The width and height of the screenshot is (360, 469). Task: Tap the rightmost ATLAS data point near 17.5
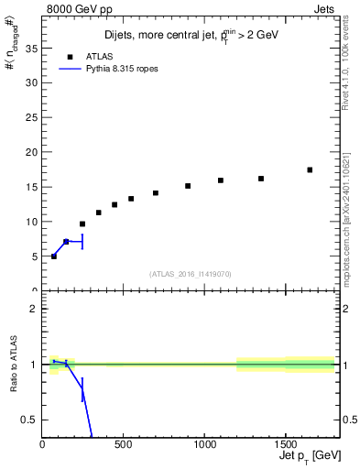pyautogui.click(x=310, y=169)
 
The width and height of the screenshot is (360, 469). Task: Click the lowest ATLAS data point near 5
pyautogui.click(x=54, y=256)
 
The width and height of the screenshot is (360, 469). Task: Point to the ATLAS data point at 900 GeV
pyautogui.click(x=188, y=186)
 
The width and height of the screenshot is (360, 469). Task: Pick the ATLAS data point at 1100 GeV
pyautogui.click(x=221, y=180)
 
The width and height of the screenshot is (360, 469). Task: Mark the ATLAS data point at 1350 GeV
pyautogui.click(x=261, y=179)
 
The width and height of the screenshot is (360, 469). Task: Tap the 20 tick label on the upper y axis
pyautogui.click(x=31, y=152)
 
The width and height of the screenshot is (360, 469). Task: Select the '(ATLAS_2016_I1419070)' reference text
pyautogui.click(x=191, y=273)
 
